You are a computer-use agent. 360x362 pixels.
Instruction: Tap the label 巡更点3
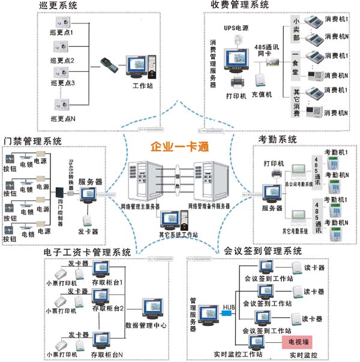pos(62,83)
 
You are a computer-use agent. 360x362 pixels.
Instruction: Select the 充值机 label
pos(261,95)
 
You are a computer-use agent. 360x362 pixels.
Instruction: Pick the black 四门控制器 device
pos(59,193)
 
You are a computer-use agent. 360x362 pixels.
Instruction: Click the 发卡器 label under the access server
pos(88,231)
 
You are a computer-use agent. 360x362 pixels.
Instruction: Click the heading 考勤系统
pos(277,139)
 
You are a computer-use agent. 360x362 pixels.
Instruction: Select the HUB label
pos(229,307)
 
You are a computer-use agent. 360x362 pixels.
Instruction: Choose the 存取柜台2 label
pos(107,309)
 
